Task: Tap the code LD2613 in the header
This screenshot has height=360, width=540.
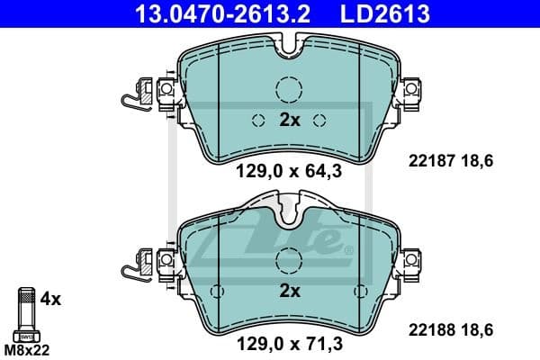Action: (x=382, y=13)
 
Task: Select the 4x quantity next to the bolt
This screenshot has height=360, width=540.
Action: (x=51, y=298)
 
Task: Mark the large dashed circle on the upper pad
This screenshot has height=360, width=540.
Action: (x=289, y=89)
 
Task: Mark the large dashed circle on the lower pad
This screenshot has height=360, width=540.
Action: (x=289, y=261)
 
